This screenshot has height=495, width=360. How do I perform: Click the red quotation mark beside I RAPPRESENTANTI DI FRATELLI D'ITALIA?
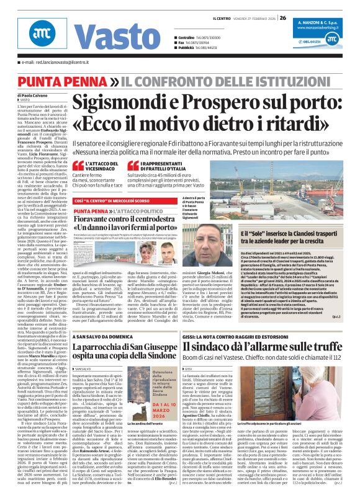[x=148, y=164]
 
